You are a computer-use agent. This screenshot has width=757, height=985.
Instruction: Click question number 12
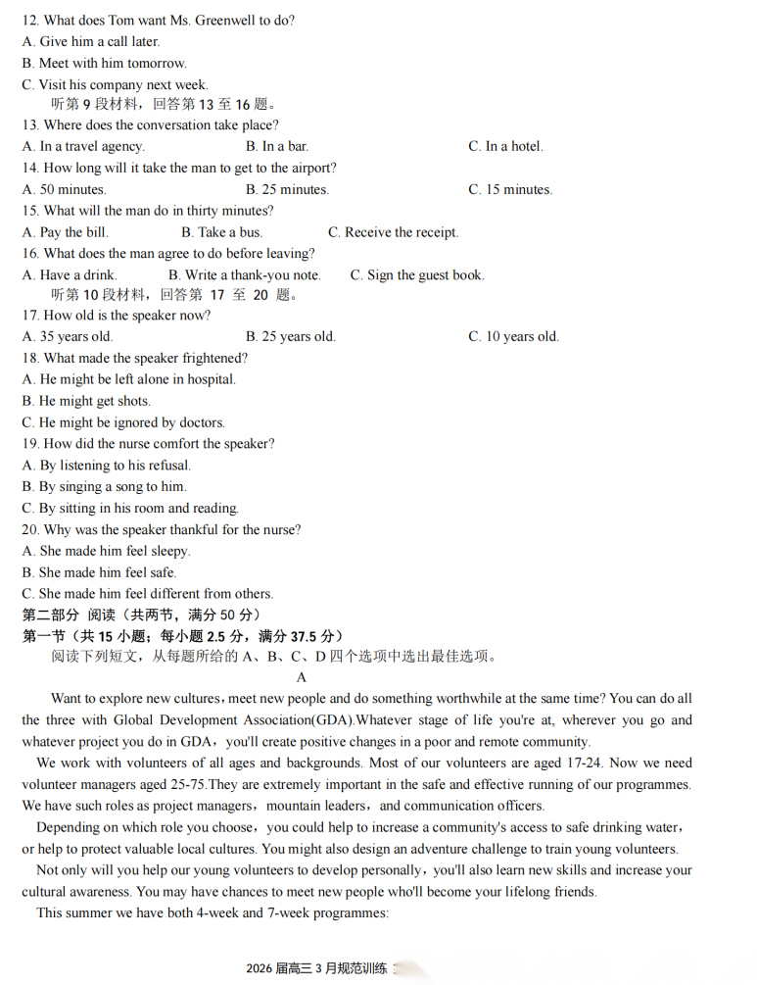click(x=30, y=21)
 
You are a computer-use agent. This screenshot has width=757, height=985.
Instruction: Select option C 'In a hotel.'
click(x=505, y=147)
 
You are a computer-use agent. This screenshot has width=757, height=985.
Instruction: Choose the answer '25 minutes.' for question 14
click(x=287, y=190)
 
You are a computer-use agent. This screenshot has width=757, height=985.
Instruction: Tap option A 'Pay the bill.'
click(x=66, y=233)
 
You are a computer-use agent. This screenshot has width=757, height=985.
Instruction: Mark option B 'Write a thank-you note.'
click(x=244, y=275)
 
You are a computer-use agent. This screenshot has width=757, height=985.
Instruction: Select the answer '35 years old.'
click(x=68, y=337)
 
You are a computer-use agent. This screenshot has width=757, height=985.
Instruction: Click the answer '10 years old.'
click(x=514, y=337)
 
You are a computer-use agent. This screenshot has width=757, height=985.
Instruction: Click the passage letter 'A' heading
click(x=302, y=677)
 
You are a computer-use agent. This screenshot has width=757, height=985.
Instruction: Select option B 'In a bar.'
click(x=277, y=147)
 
